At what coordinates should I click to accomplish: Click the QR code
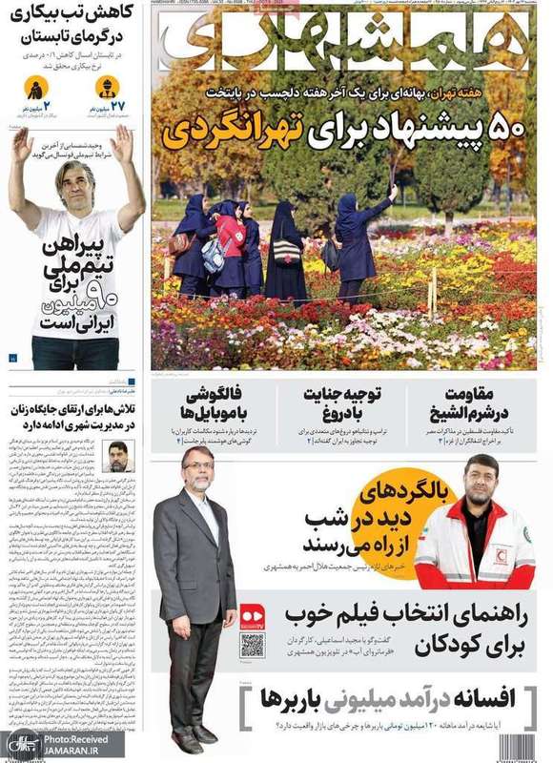(252, 644)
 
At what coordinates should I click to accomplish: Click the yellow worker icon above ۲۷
(107, 89)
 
